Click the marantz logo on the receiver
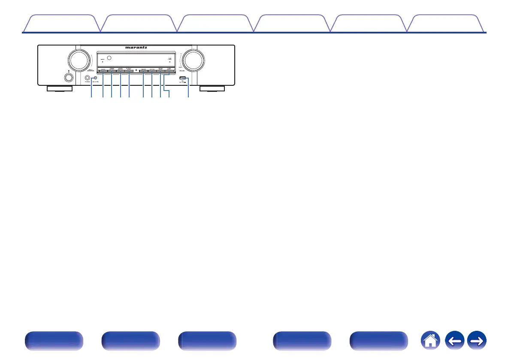[x=136, y=48]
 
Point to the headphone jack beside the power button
[x=88, y=78]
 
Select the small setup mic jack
[x=95, y=78]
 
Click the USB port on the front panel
[x=182, y=78]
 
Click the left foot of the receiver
[x=59, y=89]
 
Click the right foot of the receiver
[x=212, y=89]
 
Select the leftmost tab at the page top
[x=60, y=24]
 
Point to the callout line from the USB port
[x=188, y=88]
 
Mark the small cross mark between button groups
[x=136, y=70]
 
